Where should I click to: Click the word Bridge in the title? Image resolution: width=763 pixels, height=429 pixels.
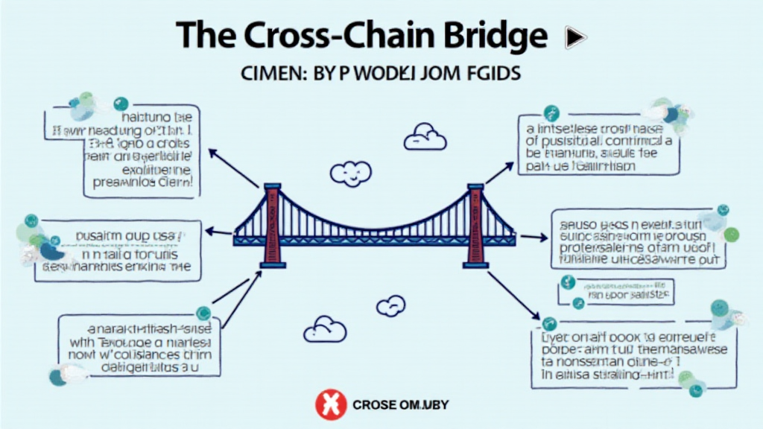point(488,36)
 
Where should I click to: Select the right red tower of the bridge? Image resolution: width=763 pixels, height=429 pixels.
point(475,225)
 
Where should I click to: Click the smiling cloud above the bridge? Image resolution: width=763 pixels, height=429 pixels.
point(350,174)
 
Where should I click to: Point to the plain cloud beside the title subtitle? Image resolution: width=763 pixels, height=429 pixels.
point(425,138)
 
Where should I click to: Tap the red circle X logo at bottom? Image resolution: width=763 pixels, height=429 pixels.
point(330,404)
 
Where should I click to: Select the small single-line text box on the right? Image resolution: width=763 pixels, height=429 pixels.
point(615,291)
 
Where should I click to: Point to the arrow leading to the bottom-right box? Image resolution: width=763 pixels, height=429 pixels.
point(513,293)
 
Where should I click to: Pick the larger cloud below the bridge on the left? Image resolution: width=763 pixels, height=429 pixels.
point(326,328)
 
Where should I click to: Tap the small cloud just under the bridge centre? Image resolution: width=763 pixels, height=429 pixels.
point(390,305)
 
